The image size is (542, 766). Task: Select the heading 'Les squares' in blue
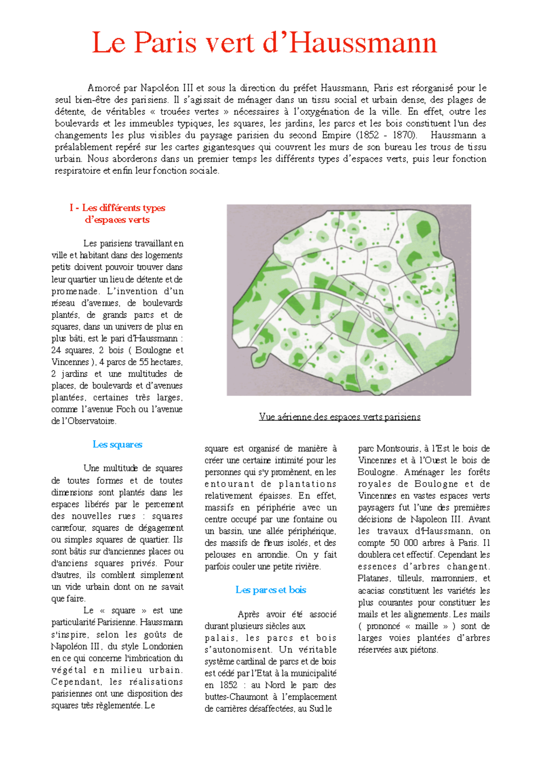117,444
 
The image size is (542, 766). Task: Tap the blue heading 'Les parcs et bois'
271,590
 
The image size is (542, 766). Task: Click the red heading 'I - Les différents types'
117,208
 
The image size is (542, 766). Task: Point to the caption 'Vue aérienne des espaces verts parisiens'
340,417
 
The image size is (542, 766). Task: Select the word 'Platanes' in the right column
374,579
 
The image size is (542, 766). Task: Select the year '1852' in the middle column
229,685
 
